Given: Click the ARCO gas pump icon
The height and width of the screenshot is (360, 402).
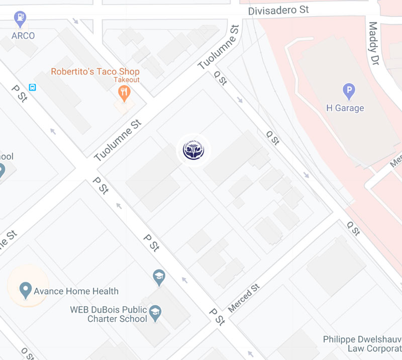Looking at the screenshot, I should coord(20,19).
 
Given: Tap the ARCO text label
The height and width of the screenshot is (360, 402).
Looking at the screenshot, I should coord(24,36).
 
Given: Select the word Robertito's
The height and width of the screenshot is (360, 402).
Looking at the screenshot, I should coord(72,72).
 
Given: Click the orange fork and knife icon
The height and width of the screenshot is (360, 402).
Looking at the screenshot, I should coord(124,92).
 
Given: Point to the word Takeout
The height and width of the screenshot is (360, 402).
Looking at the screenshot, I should coord(126,80).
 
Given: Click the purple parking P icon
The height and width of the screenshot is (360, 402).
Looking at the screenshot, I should coord(349,92).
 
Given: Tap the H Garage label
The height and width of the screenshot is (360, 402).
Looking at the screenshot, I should coord(345,108).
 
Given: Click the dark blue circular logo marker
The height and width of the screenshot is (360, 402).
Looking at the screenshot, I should coord(193,150).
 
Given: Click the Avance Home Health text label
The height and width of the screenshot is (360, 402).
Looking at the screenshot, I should coord(76,291).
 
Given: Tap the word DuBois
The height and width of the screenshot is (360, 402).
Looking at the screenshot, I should coord(108,309).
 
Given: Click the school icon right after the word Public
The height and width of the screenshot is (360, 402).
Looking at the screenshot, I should coord(155,311).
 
